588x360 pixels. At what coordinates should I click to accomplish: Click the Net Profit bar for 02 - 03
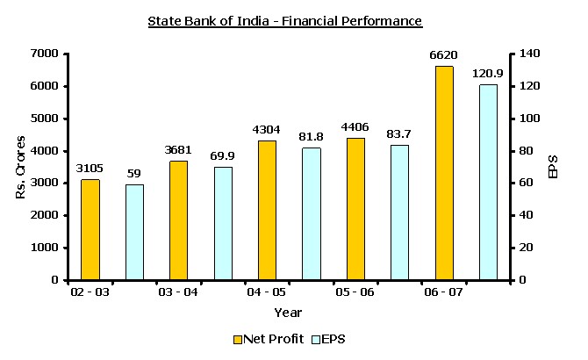[x=90, y=229]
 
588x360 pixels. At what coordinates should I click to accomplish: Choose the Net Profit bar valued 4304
[x=267, y=210]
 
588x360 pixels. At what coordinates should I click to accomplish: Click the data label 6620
[x=444, y=55]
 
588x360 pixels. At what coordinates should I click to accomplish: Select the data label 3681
[x=178, y=150]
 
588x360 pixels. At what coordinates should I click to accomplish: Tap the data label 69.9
[x=222, y=156]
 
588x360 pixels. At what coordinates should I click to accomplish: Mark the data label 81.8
[x=311, y=137]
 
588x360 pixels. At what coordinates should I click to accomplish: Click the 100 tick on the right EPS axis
[x=528, y=119]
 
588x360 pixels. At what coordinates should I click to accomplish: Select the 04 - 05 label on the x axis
[x=268, y=292]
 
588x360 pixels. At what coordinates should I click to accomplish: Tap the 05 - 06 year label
[x=355, y=292]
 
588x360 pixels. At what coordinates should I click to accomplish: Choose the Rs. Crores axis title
[x=20, y=167]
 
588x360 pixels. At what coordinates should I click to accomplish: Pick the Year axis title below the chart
[x=288, y=312]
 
